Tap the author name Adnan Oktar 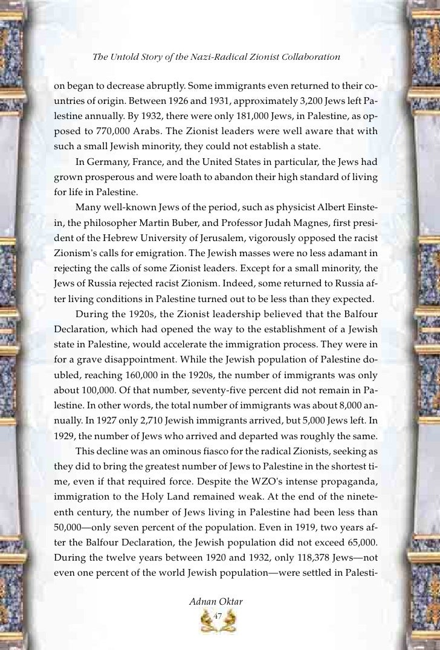click(x=219, y=601)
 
